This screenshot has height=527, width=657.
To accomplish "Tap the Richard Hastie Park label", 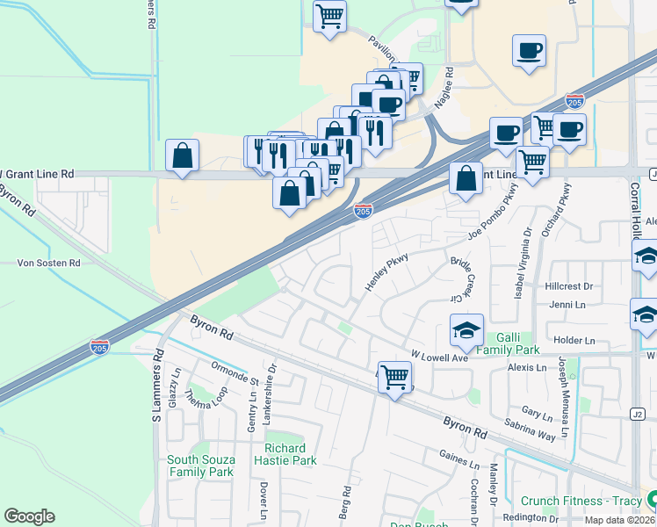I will click(x=285, y=454).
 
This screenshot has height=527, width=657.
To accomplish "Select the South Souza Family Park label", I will click(x=200, y=466).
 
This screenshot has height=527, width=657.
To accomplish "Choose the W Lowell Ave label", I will click(x=439, y=357).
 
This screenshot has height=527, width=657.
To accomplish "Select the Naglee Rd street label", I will click(x=448, y=84).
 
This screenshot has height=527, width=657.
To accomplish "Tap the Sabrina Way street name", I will click(x=531, y=429).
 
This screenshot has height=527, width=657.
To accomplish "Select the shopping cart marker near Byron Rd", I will click(x=395, y=378).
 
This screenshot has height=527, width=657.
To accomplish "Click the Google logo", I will click(x=29, y=516).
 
